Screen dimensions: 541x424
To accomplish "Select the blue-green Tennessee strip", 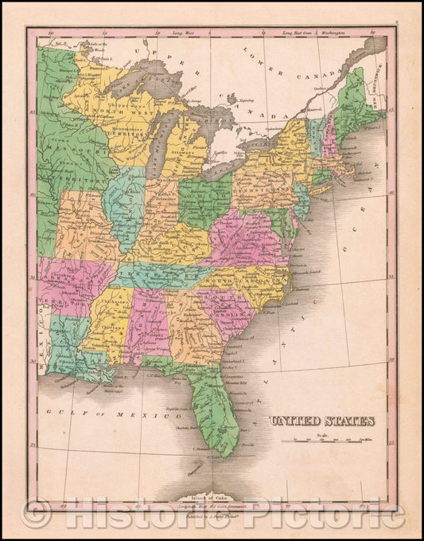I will pyautogui.click(x=159, y=274).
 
